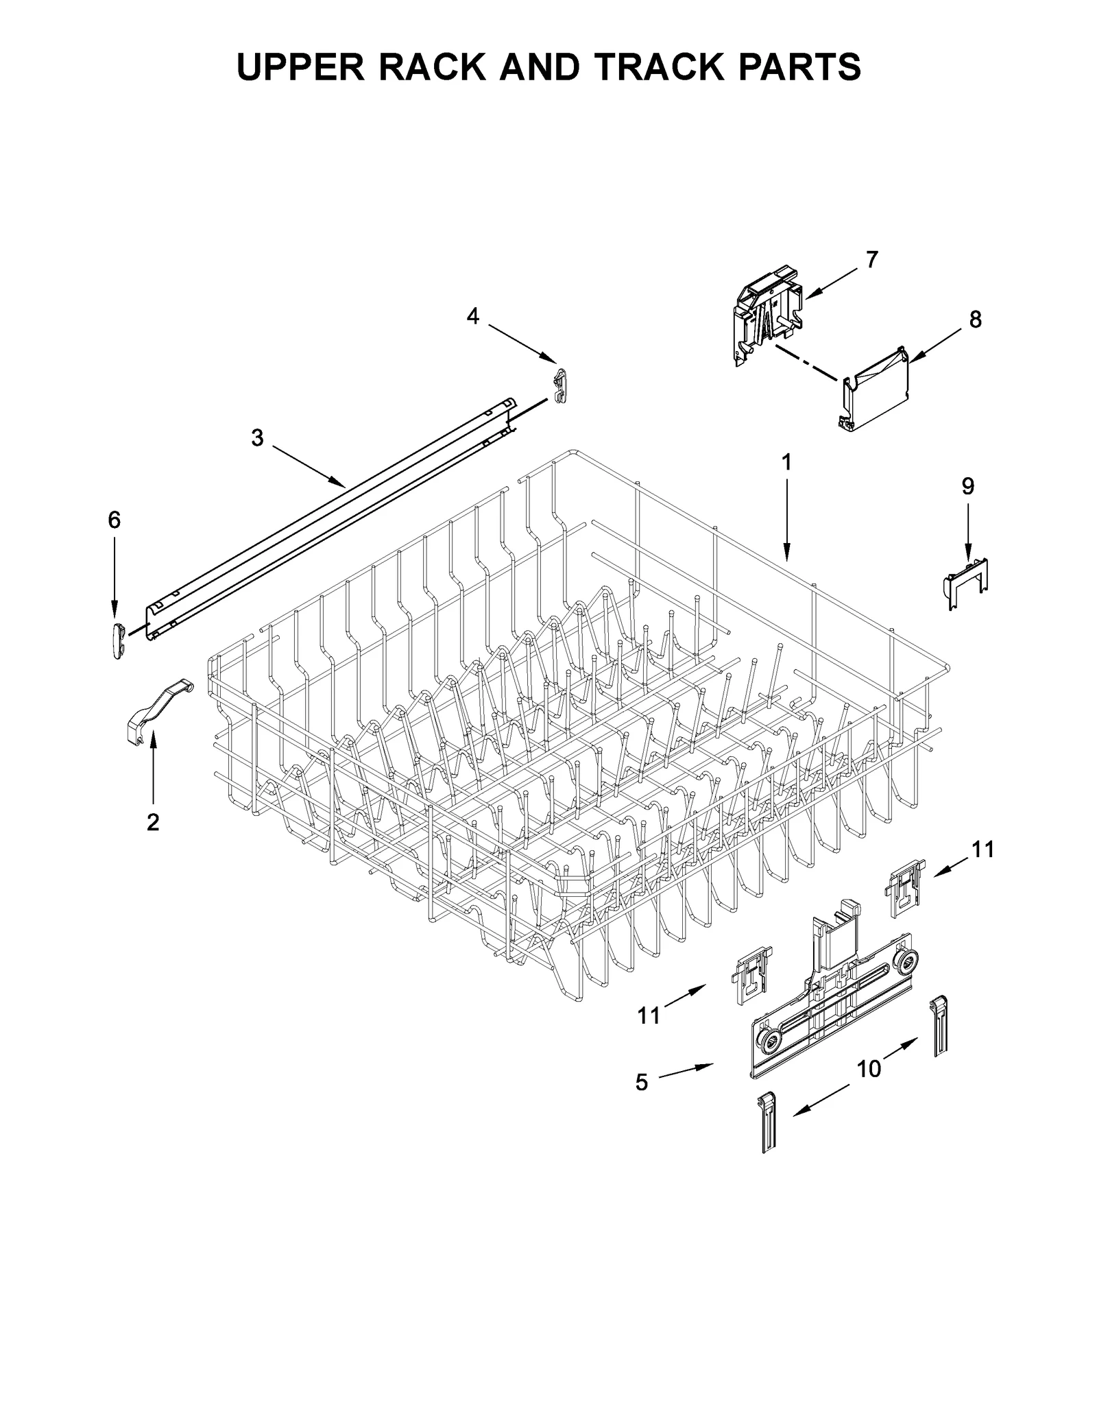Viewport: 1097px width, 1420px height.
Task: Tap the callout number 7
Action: point(871,260)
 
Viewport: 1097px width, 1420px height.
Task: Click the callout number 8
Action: point(975,319)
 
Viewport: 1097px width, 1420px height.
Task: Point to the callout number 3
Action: point(257,437)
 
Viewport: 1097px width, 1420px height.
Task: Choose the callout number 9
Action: point(967,486)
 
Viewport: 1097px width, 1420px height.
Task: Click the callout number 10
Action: point(869,1068)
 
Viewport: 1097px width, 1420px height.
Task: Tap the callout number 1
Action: point(786,463)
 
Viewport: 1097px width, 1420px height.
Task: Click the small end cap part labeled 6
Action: point(117,640)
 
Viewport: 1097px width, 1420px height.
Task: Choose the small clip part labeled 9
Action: point(966,583)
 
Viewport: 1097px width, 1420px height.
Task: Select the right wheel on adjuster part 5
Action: point(908,961)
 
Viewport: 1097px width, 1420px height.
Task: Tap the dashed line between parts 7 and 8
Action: point(806,361)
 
